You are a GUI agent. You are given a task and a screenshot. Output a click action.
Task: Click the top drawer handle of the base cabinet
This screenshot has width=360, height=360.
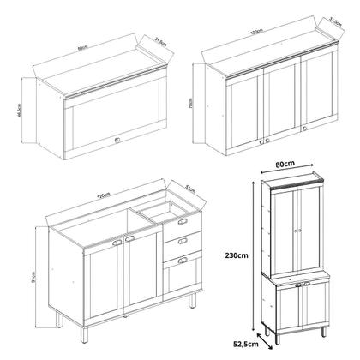[x=182, y=222]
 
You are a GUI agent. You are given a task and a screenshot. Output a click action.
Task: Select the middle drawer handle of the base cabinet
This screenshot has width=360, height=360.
[x=182, y=240]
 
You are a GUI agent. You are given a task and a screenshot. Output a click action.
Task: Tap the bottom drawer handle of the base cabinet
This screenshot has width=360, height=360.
[x=182, y=259]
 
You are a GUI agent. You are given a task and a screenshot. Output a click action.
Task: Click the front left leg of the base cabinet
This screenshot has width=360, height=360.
[x=57, y=319]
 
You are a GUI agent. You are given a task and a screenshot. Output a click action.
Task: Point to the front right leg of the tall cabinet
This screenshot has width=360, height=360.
[x=322, y=330]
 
